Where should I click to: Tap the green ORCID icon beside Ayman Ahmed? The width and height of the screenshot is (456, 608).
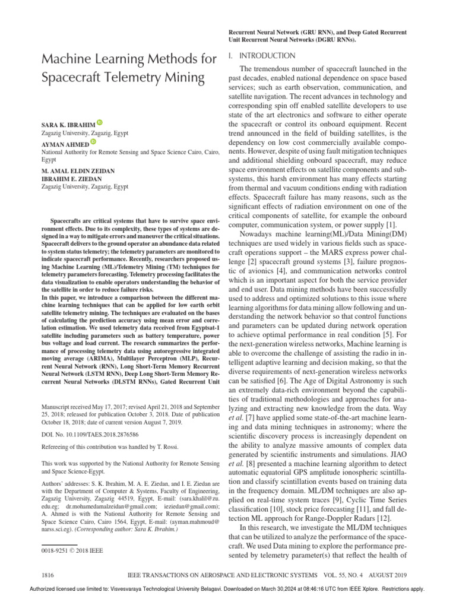93,143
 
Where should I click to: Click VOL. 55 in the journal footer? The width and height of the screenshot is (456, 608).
330,576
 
